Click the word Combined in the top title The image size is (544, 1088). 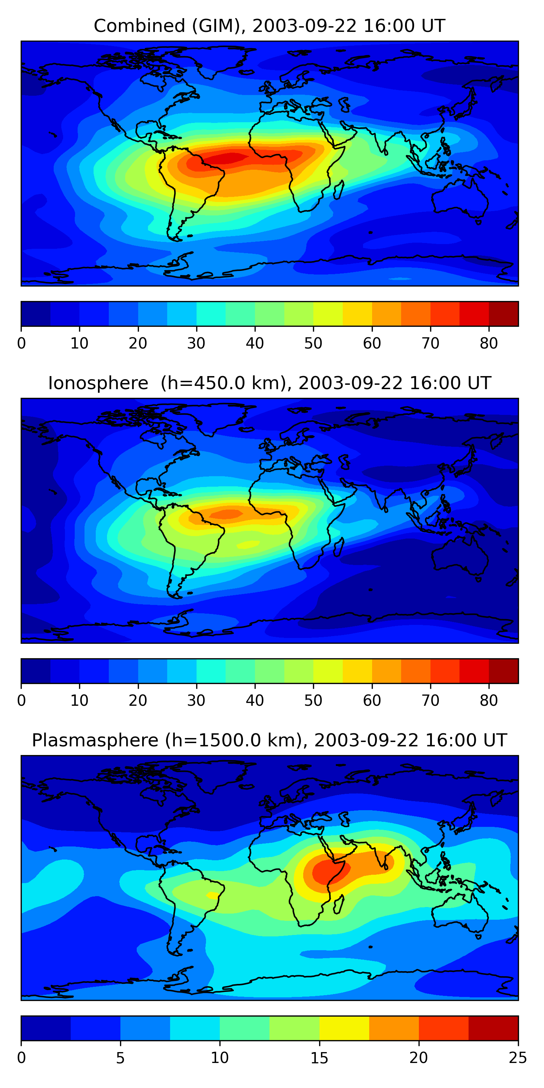click(x=139, y=26)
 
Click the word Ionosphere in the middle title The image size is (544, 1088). click(x=98, y=383)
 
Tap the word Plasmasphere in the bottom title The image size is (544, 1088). click(x=95, y=741)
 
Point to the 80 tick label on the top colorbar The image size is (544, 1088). click(x=489, y=343)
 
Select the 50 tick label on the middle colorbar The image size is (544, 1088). click(x=313, y=701)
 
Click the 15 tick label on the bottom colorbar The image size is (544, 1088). click(x=319, y=1058)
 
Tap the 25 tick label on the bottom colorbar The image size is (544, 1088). click(x=518, y=1058)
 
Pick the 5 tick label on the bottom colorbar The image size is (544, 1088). click(x=120, y=1058)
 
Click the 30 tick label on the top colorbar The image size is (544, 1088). click(x=197, y=343)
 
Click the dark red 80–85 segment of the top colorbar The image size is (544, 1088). click(x=503, y=314)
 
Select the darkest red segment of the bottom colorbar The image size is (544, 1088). click(x=493, y=1028)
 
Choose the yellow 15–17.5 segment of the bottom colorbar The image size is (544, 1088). click(x=344, y=1028)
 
